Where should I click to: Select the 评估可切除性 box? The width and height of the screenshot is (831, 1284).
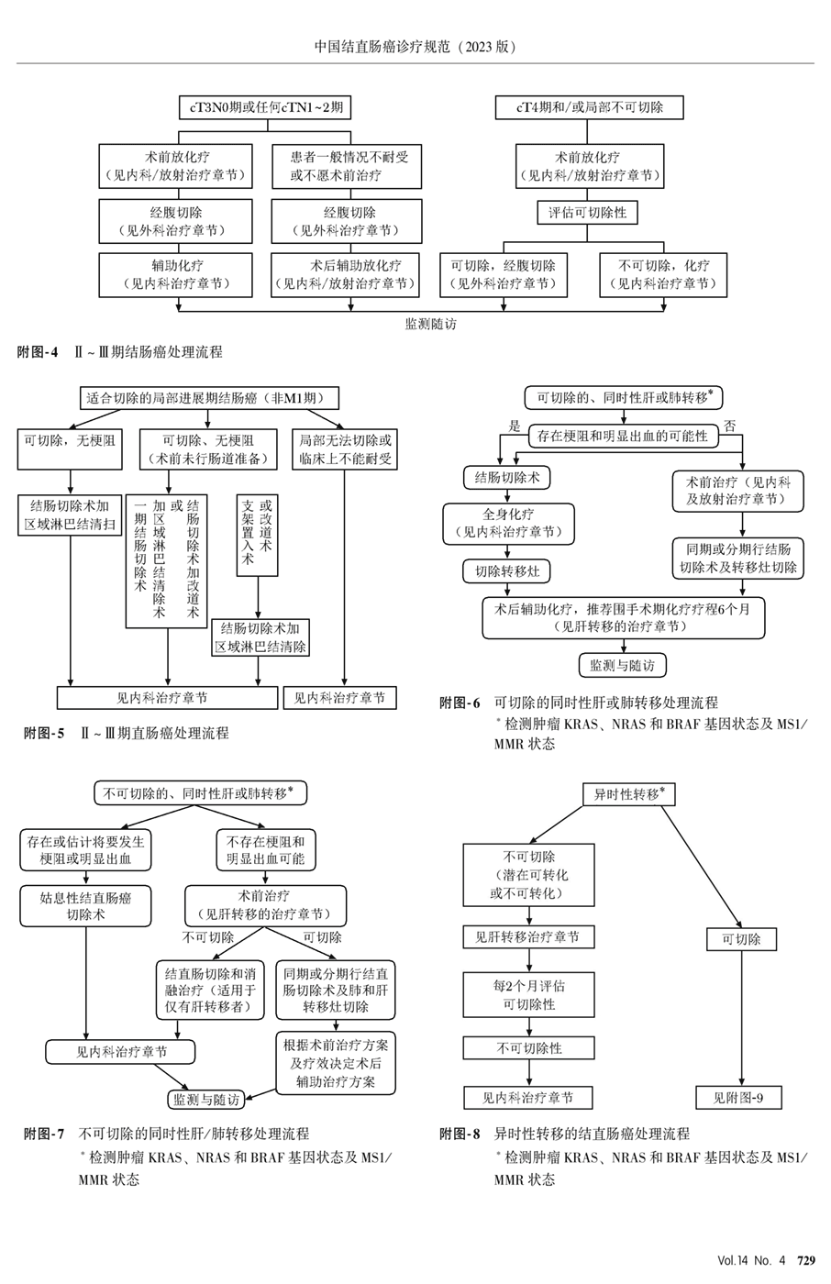(587, 213)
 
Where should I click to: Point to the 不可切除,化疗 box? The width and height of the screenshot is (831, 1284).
(663, 274)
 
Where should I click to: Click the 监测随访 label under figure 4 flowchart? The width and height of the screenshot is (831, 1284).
(430, 323)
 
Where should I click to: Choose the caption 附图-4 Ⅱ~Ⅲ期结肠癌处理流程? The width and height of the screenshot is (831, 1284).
(119, 352)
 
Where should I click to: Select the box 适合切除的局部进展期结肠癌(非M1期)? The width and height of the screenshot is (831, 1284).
(209, 398)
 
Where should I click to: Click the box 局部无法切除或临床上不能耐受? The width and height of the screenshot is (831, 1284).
(345, 449)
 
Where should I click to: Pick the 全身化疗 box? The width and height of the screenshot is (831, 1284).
(508, 523)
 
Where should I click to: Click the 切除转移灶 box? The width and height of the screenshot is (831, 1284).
(507, 571)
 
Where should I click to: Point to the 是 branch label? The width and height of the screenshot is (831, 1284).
(515, 426)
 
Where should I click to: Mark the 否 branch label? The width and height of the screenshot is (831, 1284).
(730, 426)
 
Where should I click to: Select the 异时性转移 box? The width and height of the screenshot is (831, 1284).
(629, 794)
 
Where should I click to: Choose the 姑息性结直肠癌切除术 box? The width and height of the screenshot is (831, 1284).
(85, 906)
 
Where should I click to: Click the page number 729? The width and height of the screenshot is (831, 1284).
(806, 1261)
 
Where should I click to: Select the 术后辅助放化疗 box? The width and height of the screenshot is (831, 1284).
(347, 274)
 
